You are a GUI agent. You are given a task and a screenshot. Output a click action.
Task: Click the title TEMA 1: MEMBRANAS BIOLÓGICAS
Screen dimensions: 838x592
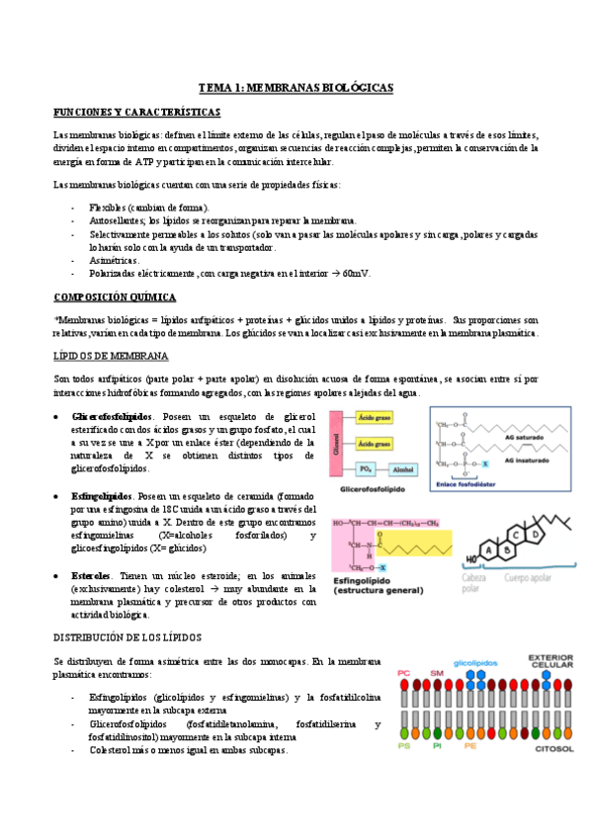pos(296,88)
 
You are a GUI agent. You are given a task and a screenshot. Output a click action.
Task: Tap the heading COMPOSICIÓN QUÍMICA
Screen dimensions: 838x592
pos(115,296)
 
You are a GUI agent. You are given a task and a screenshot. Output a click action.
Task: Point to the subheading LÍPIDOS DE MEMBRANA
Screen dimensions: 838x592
pos(111,354)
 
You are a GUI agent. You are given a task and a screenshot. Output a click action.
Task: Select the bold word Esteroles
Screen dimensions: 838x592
pos(91,575)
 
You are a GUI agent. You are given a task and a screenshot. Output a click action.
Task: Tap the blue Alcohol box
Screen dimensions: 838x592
pos(402,469)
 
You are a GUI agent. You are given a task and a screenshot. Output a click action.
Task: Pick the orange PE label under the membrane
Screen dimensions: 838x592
pos(469,747)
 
